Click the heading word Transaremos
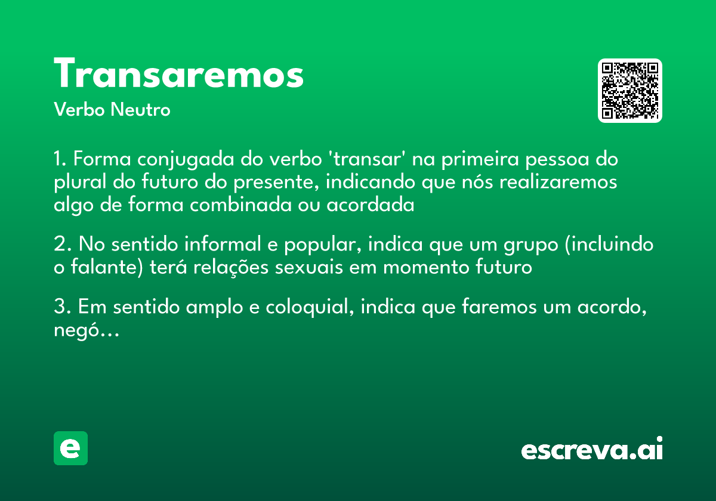[179, 75]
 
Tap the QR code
[630, 91]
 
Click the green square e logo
[70, 448]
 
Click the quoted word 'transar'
[363, 160]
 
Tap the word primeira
[477, 160]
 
